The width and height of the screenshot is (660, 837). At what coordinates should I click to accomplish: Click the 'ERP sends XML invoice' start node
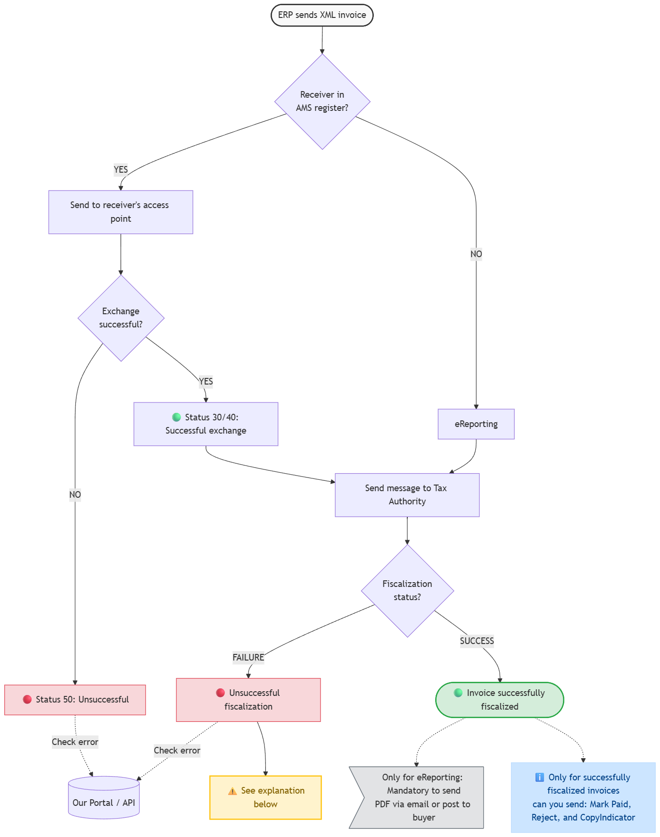click(322, 15)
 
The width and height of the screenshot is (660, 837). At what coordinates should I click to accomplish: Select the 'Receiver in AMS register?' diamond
click(322, 102)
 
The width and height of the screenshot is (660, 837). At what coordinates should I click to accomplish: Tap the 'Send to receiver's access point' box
click(121, 212)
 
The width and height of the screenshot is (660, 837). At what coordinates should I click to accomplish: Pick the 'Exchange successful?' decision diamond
click(121, 318)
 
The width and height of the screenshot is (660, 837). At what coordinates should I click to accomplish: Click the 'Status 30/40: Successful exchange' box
click(206, 424)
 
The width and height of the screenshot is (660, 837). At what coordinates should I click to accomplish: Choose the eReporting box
click(476, 424)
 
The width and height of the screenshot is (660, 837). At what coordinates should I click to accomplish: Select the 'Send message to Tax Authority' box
click(407, 495)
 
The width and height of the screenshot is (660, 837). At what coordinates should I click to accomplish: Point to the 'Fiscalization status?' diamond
click(407, 591)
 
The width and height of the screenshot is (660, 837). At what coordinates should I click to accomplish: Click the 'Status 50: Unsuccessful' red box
click(75, 700)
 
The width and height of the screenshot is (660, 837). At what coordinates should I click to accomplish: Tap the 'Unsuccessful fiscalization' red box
click(248, 700)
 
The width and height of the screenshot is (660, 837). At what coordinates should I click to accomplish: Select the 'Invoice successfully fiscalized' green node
click(500, 700)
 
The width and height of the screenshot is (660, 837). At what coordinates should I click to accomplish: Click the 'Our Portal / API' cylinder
click(104, 797)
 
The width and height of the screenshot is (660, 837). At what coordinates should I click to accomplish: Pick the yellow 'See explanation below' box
click(265, 797)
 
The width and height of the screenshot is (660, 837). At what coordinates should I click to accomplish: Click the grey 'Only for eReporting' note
click(417, 797)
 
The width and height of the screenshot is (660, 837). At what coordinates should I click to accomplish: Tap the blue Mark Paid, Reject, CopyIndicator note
click(583, 797)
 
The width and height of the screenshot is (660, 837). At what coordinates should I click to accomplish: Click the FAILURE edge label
click(248, 657)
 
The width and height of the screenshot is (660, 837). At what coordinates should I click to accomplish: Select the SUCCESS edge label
click(477, 641)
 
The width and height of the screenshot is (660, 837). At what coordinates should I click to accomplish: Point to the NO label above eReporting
click(476, 254)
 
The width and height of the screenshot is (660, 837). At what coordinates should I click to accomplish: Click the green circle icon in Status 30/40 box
click(177, 417)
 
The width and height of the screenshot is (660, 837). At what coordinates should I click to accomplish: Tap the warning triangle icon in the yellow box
click(232, 791)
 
